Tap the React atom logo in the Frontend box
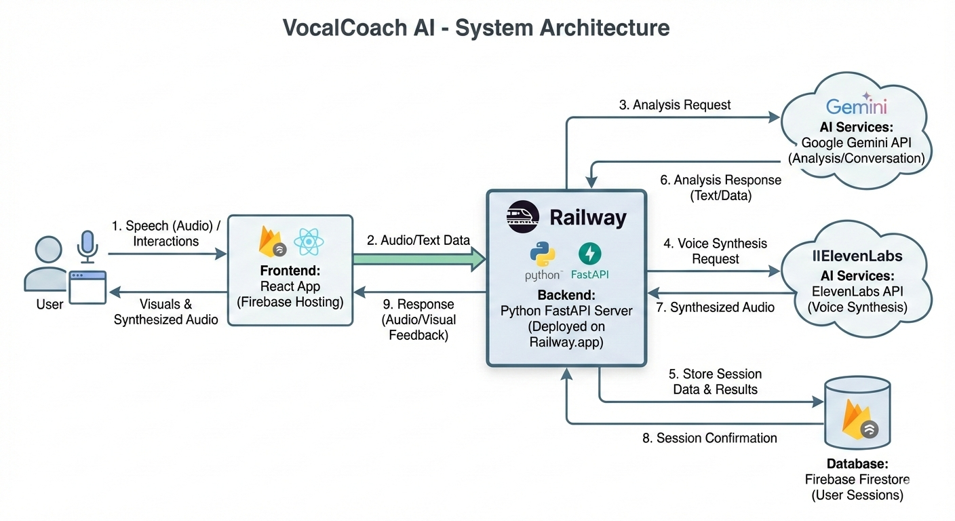point(307,242)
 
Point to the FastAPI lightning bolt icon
point(589,254)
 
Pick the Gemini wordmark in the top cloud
point(857,107)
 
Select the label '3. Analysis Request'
point(675,105)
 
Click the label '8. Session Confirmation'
point(709,438)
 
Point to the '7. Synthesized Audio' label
point(716,307)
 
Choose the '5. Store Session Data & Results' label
point(715,382)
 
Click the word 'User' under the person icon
point(50,305)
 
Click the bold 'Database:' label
point(857,464)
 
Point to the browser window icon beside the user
point(87,286)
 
